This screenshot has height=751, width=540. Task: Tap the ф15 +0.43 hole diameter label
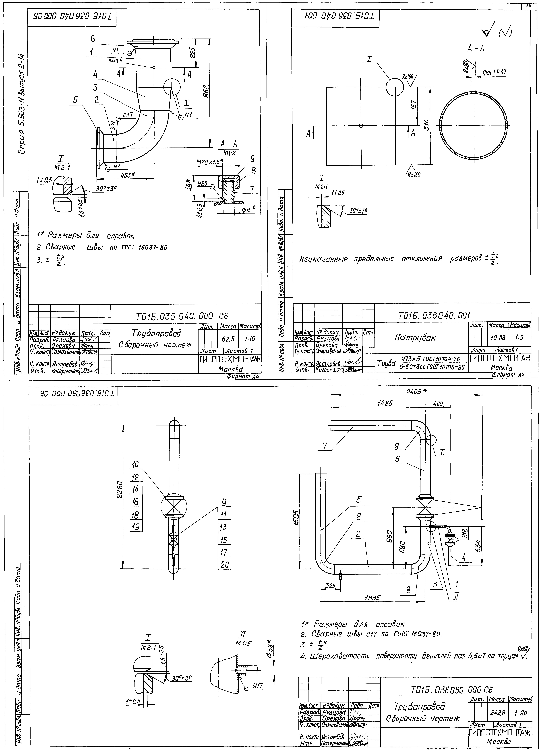(494, 72)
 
